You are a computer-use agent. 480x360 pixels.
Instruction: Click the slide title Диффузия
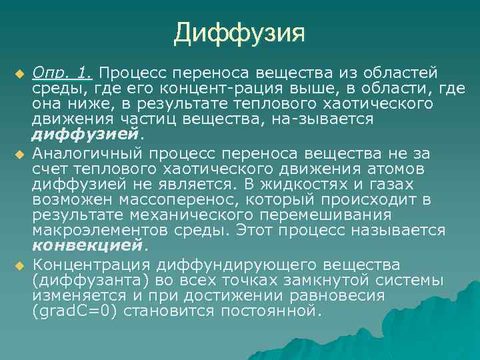coord(239,32)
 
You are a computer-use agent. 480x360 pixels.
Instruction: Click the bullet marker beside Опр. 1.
coord(19,72)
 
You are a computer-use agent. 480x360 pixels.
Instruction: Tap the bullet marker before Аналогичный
coord(19,155)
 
